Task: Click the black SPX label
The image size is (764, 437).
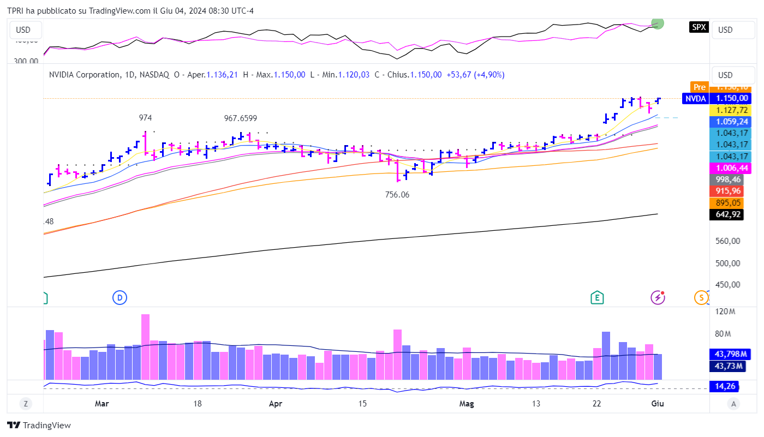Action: tap(699, 27)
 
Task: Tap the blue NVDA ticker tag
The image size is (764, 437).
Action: tap(695, 99)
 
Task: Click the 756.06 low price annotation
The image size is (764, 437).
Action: tap(397, 194)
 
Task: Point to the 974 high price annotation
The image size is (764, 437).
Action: tap(145, 118)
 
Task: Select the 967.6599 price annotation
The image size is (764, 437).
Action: tap(240, 118)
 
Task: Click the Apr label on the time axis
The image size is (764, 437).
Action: tap(276, 404)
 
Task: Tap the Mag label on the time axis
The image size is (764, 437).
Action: tap(467, 404)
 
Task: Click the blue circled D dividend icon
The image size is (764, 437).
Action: tap(120, 297)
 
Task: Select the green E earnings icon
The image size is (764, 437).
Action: tap(598, 297)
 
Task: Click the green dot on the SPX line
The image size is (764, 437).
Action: tap(658, 23)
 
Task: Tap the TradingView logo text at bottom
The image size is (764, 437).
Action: tap(39, 426)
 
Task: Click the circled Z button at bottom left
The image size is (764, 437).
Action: tap(25, 404)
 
